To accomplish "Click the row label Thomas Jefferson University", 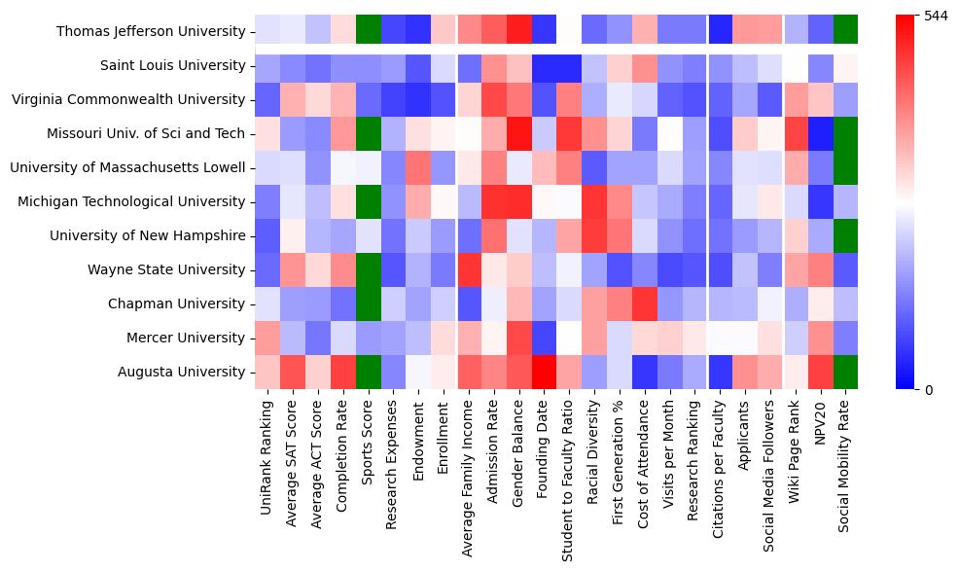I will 151,32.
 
